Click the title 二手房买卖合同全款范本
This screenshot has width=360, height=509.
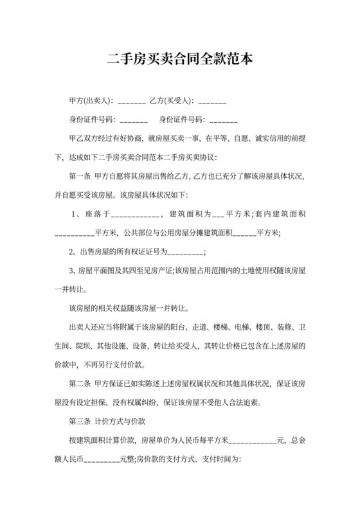point(180,60)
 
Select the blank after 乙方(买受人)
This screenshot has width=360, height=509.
point(212,102)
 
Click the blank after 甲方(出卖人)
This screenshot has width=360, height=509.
point(132,102)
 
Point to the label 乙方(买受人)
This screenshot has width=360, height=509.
point(172,102)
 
